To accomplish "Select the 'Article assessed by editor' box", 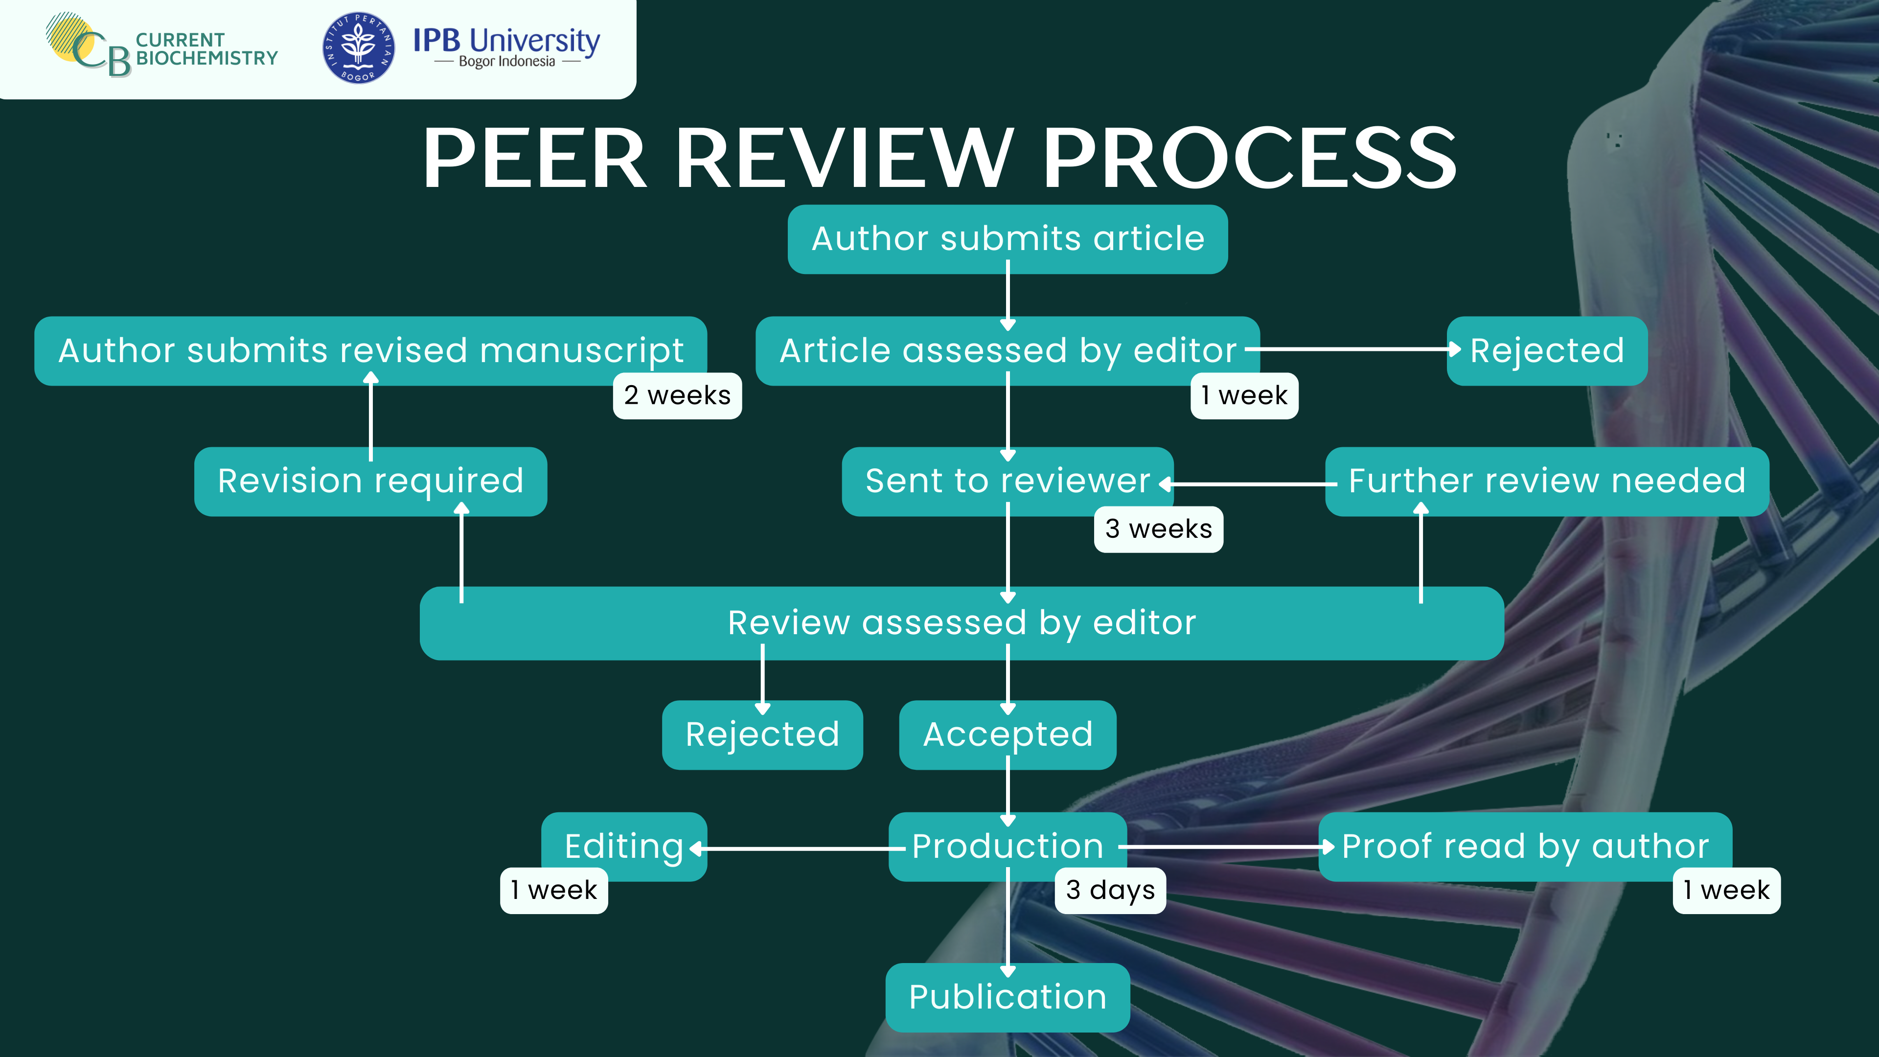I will pyautogui.click(x=1008, y=350).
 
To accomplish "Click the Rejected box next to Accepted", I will pyautogui.click(x=762, y=734).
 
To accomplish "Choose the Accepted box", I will pyautogui.click(x=1008, y=734).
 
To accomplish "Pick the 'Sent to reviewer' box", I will pyautogui.click(x=1008, y=482).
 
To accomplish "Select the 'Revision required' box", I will pyautogui.click(x=370, y=482).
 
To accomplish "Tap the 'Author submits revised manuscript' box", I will pyautogui.click(x=370, y=350).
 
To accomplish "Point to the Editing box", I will pyautogui.click(x=624, y=846).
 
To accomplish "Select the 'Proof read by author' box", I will pyautogui.click(x=1525, y=846).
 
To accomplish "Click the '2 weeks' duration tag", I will pyautogui.click(x=677, y=395).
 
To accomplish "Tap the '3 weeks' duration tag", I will pyautogui.click(x=1158, y=529).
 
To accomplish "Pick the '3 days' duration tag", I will pyautogui.click(x=1110, y=890).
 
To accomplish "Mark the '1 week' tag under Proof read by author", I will pyautogui.click(x=1726, y=890).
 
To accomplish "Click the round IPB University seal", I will pyautogui.click(x=359, y=48).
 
